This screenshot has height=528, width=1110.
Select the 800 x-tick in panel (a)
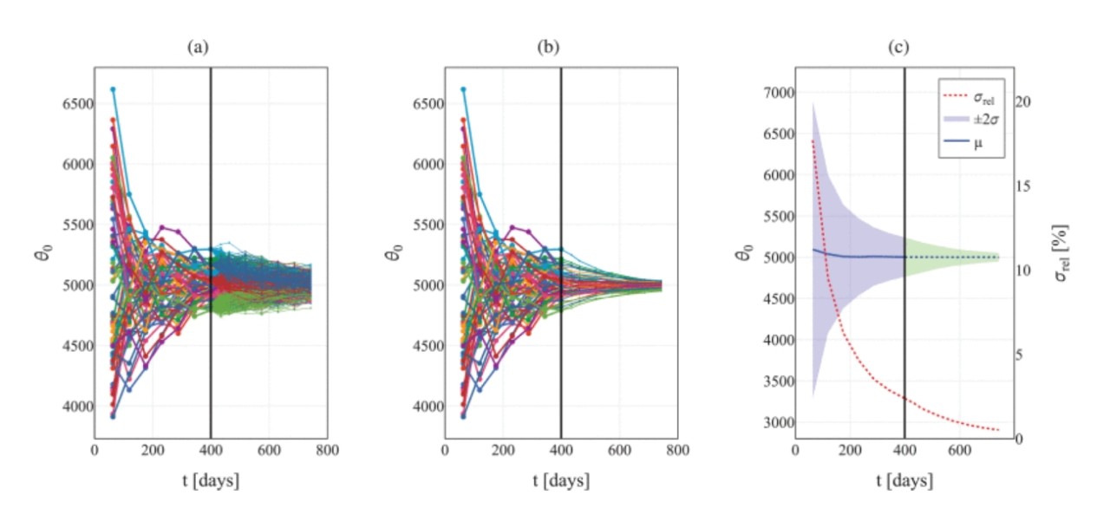(x=327, y=452)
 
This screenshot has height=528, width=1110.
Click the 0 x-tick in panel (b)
(x=445, y=452)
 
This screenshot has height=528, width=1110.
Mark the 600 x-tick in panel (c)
(x=959, y=452)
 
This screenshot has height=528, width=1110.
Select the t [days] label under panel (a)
(x=210, y=479)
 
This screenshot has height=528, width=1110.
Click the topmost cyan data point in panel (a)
(x=113, y=89)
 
